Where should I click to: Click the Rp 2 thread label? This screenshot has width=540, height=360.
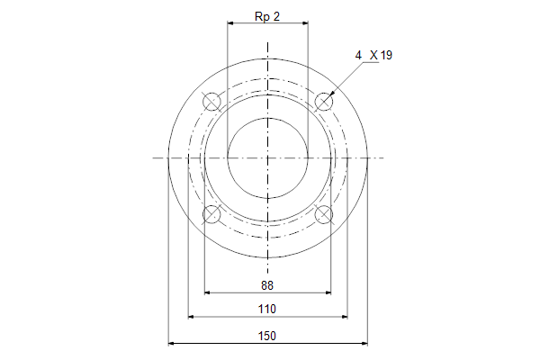(267, 16)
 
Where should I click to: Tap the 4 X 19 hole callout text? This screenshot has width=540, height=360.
(373, 55)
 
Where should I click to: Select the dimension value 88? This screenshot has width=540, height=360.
(267, 285)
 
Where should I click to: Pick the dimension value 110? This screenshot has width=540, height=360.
(267, 309)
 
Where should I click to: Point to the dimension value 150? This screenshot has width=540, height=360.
(267, 336)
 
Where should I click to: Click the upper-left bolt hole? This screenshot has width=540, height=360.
(211, 102)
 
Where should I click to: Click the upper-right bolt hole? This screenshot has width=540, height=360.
(324, 102)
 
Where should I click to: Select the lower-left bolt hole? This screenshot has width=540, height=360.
(211, 214)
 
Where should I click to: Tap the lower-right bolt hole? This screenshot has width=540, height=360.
(324, 214)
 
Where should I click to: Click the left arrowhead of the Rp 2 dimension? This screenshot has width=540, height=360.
(230, 23)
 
